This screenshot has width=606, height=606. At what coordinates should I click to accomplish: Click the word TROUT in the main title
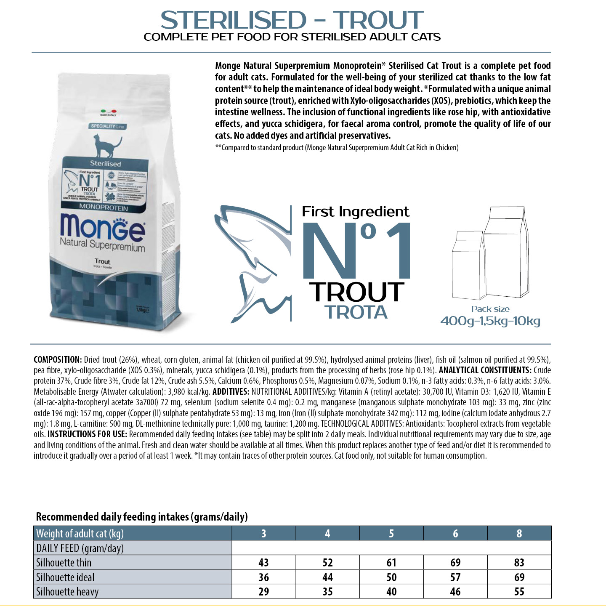pyautogui.click(x=378, y=20)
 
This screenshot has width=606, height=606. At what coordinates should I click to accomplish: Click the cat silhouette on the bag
pyautogui.click(x=107, y=146)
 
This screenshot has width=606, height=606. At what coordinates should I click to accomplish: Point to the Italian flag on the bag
pyautogui.click(x=108, y=111)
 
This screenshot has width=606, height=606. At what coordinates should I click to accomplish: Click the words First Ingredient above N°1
pyautogui.click(x=355, y=212)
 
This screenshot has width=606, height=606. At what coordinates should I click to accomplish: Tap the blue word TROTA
pyautogui.click(x=356, y=312)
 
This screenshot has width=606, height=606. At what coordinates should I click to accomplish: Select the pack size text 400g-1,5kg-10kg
pyautogui.click(x=490, y=321)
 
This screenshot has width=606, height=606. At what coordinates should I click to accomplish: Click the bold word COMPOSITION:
pyautogui.click(x=58, y=360)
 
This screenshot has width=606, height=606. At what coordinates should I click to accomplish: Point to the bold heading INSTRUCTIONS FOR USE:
pyautogui.click(x=87, y=434)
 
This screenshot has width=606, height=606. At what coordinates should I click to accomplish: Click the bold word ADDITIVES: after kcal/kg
pyautogui.click(x=231, y=392)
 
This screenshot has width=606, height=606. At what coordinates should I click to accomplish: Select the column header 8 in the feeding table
pyautogui.click(x=519, y=534)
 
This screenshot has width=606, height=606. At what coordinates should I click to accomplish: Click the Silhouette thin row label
pyautogui.click(x=64, y=563)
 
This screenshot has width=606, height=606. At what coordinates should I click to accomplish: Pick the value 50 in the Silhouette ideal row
pyautogui.click(x=391, y=577)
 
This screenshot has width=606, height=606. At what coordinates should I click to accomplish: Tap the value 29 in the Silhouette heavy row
pyautogui.click(x=263, y=592)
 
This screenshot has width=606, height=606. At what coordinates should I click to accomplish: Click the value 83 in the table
pyautogui.click(x=519, y=563)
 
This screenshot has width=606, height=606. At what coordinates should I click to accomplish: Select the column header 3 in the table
pyautogui.click(x=263, y=534)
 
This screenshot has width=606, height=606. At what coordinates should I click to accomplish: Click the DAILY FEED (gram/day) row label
pyautogui.click(x=80, y=548)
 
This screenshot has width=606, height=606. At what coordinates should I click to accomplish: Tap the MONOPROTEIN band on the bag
pyautogui.click(x=104, y=208)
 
